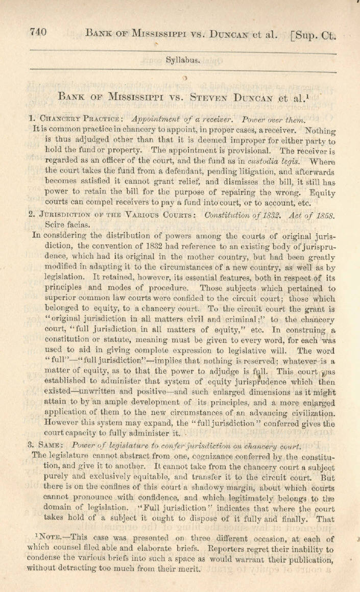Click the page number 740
point(38,33)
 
